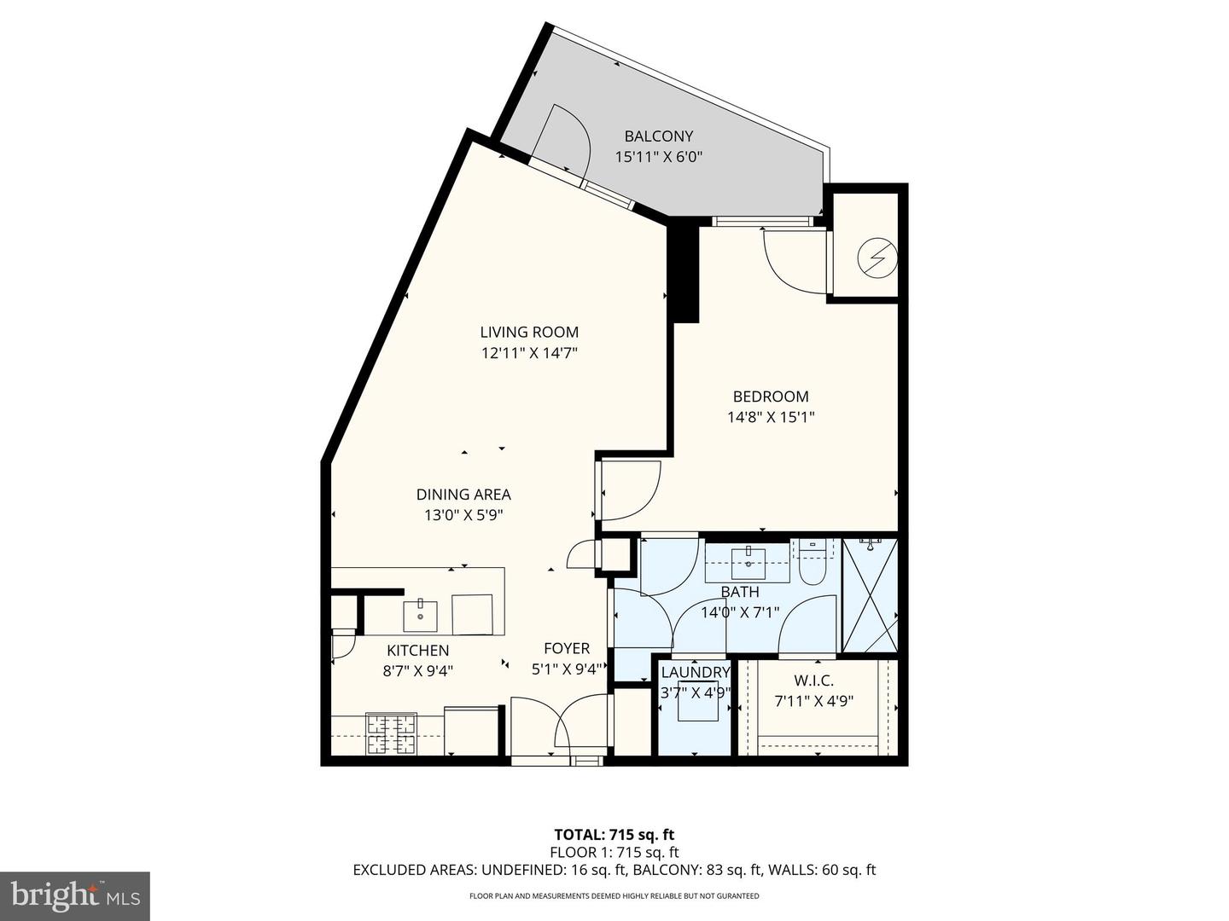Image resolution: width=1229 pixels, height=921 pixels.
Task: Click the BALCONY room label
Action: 658,136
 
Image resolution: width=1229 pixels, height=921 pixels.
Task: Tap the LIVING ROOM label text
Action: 529,333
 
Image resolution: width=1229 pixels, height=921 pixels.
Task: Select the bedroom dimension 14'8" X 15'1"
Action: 771,417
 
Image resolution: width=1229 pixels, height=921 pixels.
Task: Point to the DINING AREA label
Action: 463,495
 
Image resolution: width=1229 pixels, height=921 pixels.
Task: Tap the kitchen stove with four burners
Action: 391,733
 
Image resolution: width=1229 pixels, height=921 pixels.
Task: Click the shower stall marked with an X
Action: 870,594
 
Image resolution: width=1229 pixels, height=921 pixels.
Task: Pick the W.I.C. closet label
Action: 813,681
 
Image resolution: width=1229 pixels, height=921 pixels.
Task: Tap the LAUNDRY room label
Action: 696,672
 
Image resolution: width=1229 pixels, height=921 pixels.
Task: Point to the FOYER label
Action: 567,649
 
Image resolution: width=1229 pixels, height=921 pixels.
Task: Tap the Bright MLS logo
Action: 75,895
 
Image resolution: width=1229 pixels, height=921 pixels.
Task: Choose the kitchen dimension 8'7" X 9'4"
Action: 417,670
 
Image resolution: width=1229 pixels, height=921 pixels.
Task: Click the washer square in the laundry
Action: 697,707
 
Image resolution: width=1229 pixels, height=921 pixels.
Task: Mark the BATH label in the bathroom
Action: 740,592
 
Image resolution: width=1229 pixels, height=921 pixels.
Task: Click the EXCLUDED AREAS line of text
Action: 614,870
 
